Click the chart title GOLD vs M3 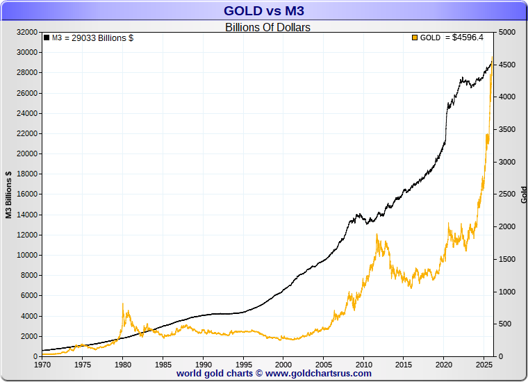(264, 10)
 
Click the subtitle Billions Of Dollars (267, 28)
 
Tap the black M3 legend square (47, 38)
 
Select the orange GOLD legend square (415, 38)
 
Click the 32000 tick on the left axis (27, 32)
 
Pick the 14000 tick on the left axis (27, 215)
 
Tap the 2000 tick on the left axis (29, 336)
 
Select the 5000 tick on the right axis (506, 32)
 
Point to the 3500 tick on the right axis (506, 129)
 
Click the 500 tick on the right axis (504, 324)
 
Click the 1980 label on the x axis (122, 363)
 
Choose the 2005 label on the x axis (323, 363)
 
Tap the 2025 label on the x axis (484, 363)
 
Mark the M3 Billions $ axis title (9, 194)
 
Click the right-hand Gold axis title (523, 194)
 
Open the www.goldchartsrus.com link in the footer (318, 373)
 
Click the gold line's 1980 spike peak (123, 304)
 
